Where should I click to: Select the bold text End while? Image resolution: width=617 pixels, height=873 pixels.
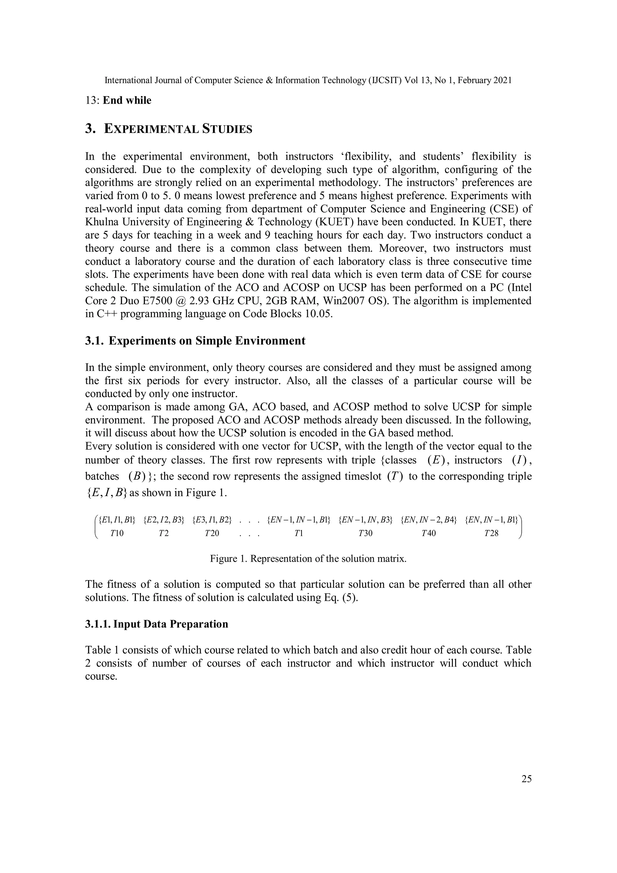[x=127, y=100]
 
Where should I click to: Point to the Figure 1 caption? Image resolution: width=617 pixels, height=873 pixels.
[x=308, y=559]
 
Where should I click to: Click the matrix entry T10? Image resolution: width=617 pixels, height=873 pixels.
[x=117, y=533]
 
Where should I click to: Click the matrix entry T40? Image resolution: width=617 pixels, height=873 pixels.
[x=428, y=533]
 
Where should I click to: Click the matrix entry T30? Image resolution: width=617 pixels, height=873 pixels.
[x=365, y=533]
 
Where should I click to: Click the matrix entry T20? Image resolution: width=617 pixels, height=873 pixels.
[x=212, y=533]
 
